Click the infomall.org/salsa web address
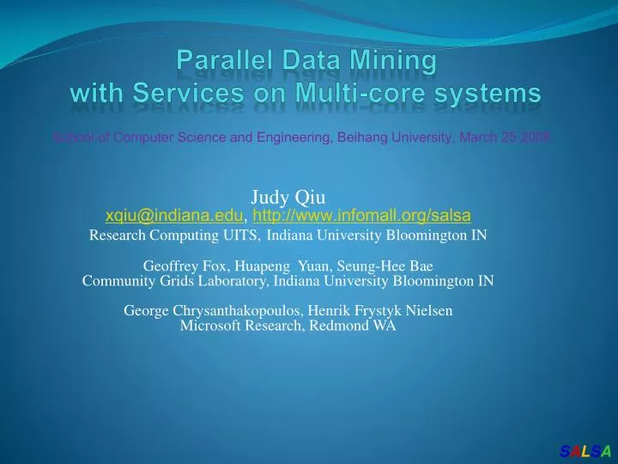point(361,217)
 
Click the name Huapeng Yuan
point(267,266)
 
